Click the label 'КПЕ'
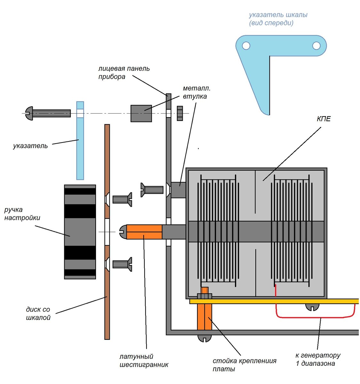point(324,119)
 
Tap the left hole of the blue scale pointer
point(246,46)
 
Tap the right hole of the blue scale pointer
point(316,46)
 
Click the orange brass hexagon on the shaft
point(144,232)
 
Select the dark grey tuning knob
point(80,232)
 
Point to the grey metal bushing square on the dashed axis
point(141,113)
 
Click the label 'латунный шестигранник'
point(144,361)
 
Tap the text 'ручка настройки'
point(22,214)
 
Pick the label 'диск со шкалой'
point(38,314)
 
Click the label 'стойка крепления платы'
point(244,365)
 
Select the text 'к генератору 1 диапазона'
point(318,359)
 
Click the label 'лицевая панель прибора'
point(124,73)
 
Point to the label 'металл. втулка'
point(196,92)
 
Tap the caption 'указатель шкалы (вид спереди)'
point(278,19)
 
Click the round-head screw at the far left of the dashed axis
point(48,113)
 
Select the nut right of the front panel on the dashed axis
point(180,113)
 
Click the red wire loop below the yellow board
point(315,317)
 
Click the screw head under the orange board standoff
point(204,338)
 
